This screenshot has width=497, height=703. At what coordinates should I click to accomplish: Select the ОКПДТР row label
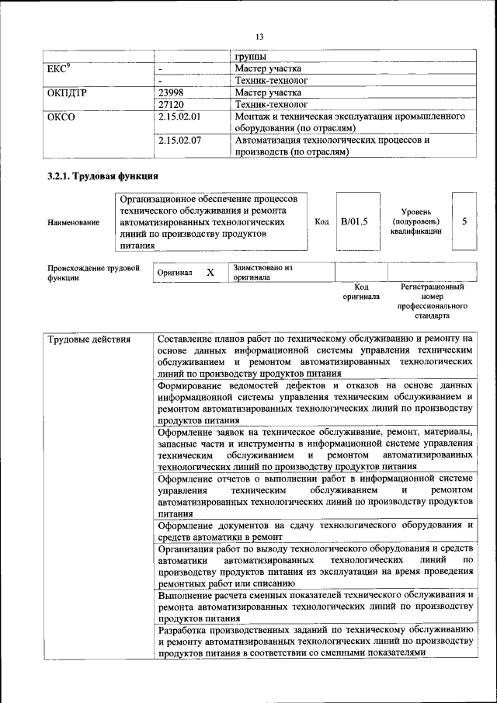point(68,92)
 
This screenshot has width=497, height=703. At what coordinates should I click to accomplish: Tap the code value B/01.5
point(354,221)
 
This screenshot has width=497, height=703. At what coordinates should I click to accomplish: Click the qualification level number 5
point(464,221)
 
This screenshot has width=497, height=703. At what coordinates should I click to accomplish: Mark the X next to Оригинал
point(210,273)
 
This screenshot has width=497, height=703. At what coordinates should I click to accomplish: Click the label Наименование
point(74,223)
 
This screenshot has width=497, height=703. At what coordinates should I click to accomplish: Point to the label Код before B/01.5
point(321,221)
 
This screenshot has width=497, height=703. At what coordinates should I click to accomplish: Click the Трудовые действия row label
point(89,339)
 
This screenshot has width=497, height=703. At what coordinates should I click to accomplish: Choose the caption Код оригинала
point(361,291)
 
